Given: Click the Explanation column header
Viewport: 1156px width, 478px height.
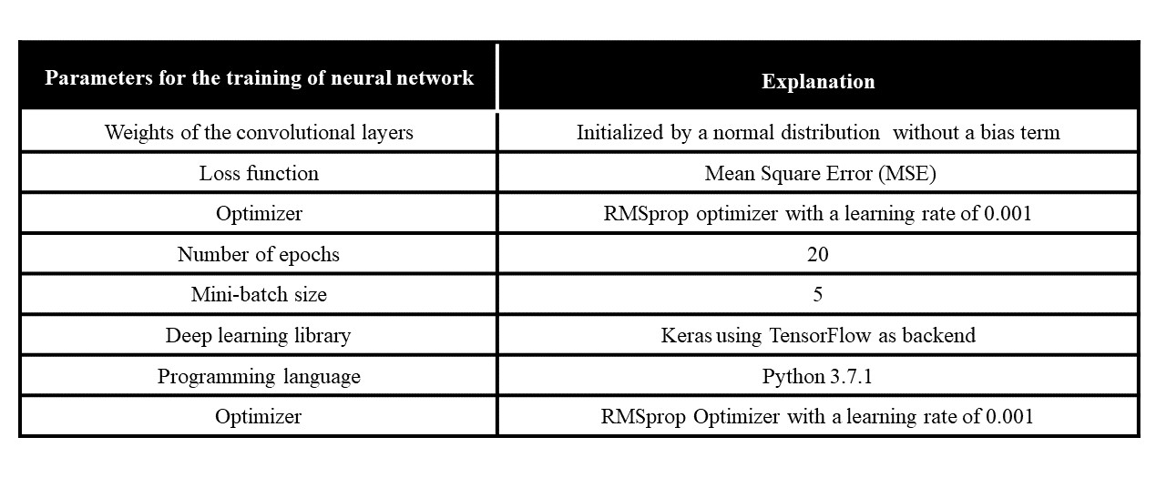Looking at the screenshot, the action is [x=817, y=81].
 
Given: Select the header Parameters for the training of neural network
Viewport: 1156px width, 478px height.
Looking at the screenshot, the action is [x=259, y=77].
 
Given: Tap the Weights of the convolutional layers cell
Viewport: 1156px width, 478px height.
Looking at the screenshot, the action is [x=259, y=132].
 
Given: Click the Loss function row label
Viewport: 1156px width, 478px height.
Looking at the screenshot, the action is [x=259, y=173].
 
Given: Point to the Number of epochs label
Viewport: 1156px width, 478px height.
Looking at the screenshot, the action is [x=259, y=254].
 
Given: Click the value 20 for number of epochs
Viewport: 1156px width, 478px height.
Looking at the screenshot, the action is [x=817, y=254].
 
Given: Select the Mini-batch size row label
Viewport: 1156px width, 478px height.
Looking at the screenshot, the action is [x=259, y=294].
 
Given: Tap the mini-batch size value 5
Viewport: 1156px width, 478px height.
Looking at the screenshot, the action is [x=817, y=294].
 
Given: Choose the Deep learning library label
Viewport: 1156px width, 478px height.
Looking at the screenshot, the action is [x=259, y=335].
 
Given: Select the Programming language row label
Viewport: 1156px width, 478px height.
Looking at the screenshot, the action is [x=259, y=376].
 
